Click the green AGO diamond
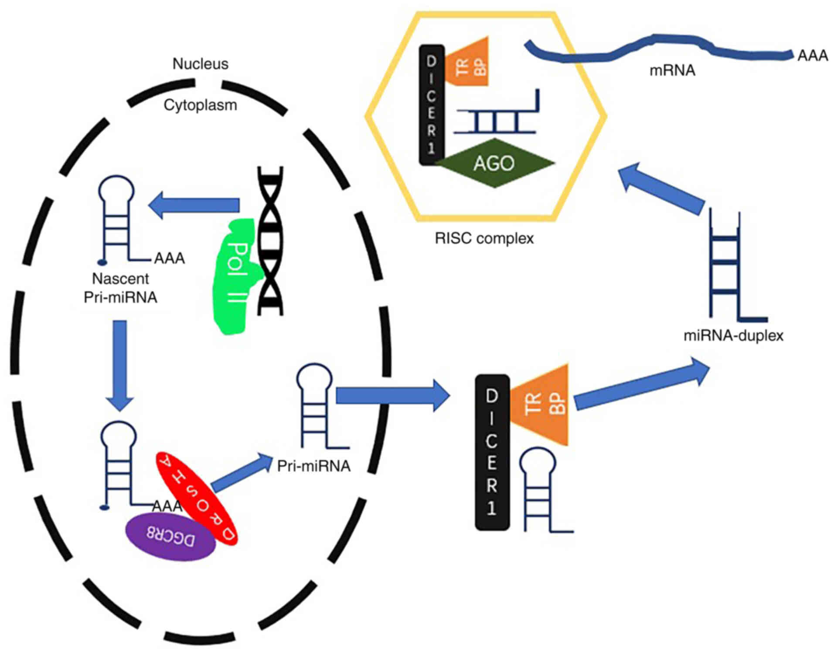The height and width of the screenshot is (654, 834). pos(494,163)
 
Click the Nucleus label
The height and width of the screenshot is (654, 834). pos(200,64)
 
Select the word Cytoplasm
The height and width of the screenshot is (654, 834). pos(200,105)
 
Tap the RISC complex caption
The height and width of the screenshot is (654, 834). pos(484,238)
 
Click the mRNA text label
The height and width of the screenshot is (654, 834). pos(672,71)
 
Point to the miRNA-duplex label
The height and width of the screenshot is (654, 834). pos(733,336)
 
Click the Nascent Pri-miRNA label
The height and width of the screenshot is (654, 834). pos(120,288)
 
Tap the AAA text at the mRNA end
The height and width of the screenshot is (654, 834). pos(812,56)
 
